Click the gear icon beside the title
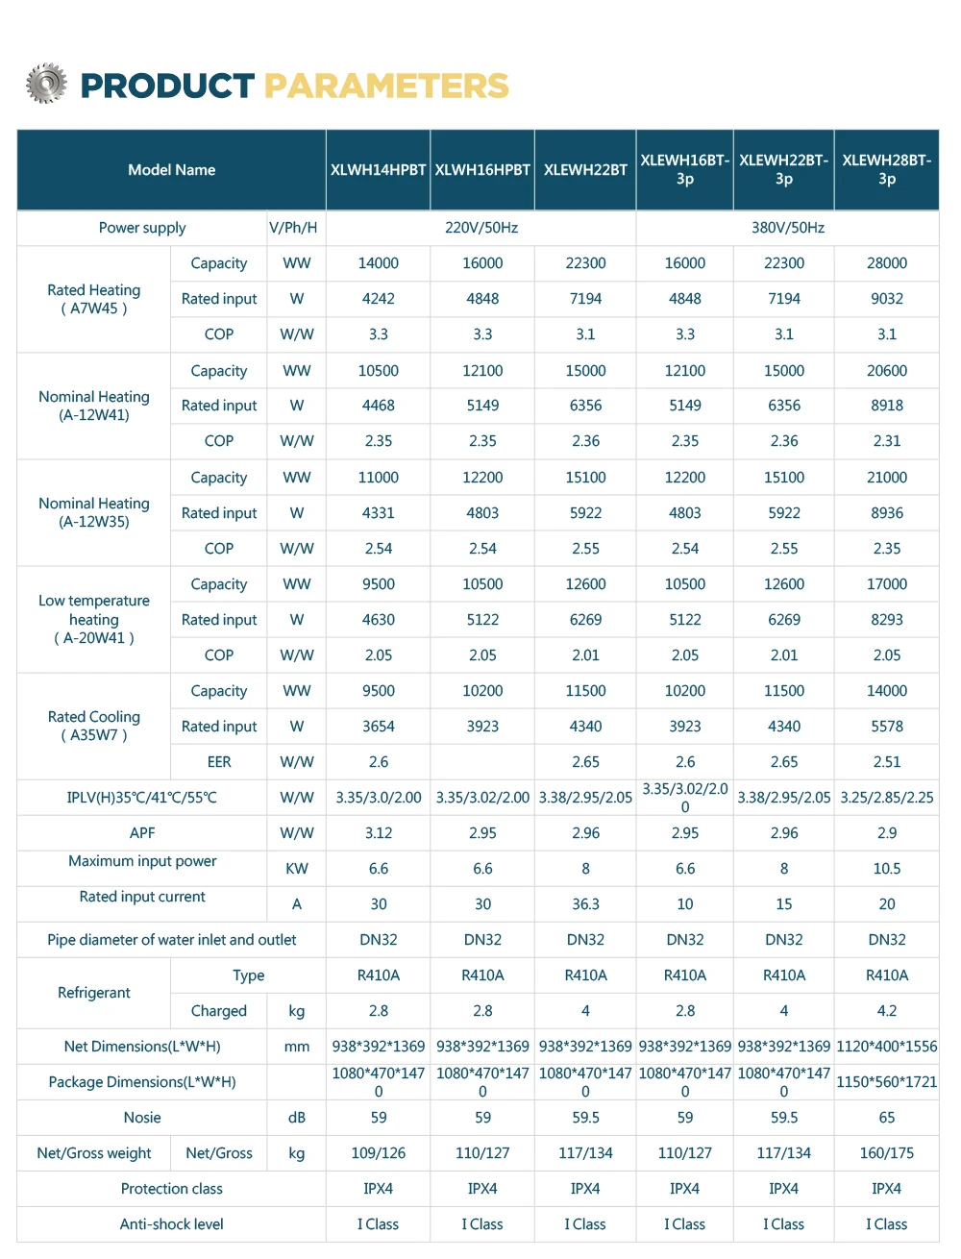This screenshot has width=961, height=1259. pos(46,85)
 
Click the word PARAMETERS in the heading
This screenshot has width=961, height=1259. pos(386,86)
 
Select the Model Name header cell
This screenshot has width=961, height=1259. pos(171,170)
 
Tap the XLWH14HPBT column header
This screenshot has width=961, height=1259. pos(378,170)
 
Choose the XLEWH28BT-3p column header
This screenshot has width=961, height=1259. pos(886,170)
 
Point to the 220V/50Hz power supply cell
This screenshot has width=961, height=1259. pos(481,228)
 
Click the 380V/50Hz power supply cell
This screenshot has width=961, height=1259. pos(787,228)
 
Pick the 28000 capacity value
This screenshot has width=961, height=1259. pos(886,263)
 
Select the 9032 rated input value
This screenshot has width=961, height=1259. pos(886,299)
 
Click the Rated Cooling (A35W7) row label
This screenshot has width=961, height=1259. pos(94,726)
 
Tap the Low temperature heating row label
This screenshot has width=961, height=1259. pos(94,619)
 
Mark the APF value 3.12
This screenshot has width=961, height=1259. pos(379,833)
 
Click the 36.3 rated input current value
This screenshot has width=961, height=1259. pos(585,904)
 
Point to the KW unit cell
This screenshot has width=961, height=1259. pos(297,869)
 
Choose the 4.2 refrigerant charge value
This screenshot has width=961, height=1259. pos(886,1011)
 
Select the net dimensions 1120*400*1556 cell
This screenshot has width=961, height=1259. pos(886,1047)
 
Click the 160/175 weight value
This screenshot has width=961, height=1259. pos(886,1153)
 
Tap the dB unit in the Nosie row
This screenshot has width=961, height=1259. pos(297,1118)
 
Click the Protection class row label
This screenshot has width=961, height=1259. pos(171,1189)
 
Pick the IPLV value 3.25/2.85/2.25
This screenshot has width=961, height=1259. pos(886,798)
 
